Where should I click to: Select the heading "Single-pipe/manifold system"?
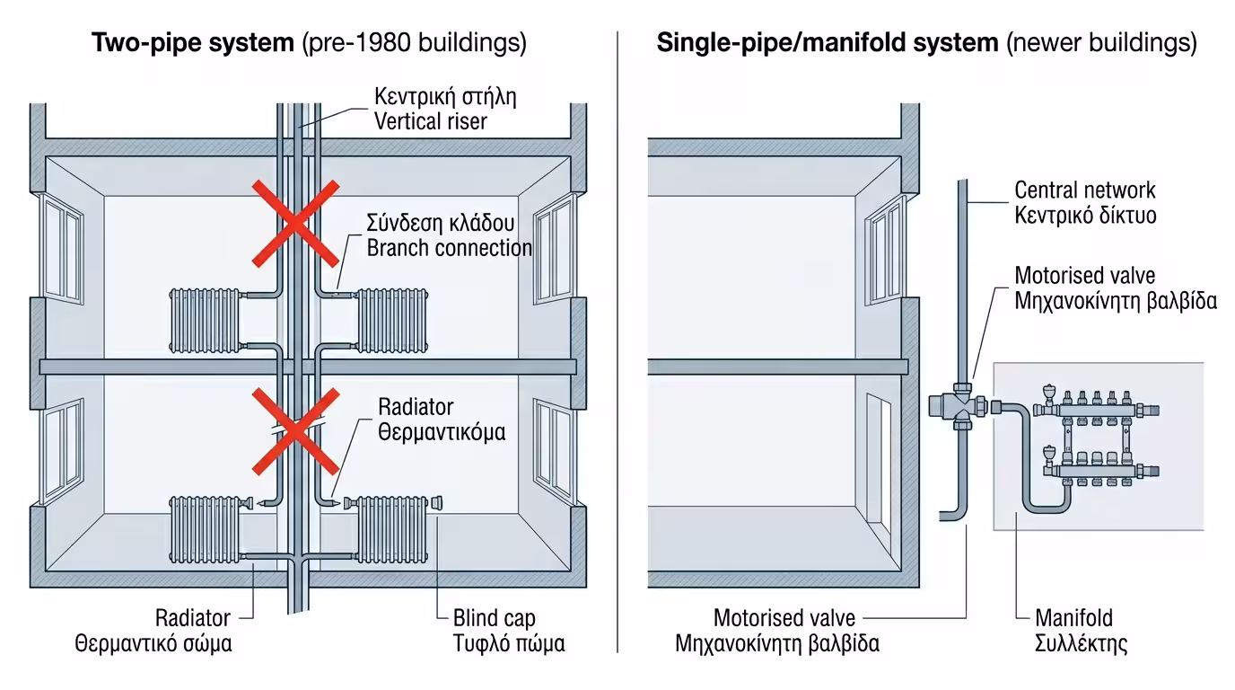[x=827, y=43]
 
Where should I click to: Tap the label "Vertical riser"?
[x=430, y=120]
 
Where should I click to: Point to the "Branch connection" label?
[x=449, y=248]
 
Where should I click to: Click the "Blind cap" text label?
[x=494, y=618]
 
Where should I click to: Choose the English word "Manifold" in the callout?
[x=1073, y=618]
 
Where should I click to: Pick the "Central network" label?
[x=1084, y=190]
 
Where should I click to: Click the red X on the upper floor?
[x=294, y=223]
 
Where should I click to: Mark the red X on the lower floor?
[x=294, y=430]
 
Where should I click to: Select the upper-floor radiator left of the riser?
[x=206, y=320]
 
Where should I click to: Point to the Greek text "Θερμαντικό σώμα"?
[x=153, y=644]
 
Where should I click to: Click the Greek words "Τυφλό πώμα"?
[x=508, y=644]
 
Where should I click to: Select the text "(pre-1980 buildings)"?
[x=414, y=43]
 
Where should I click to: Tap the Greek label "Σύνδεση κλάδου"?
[x=440, y=223]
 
